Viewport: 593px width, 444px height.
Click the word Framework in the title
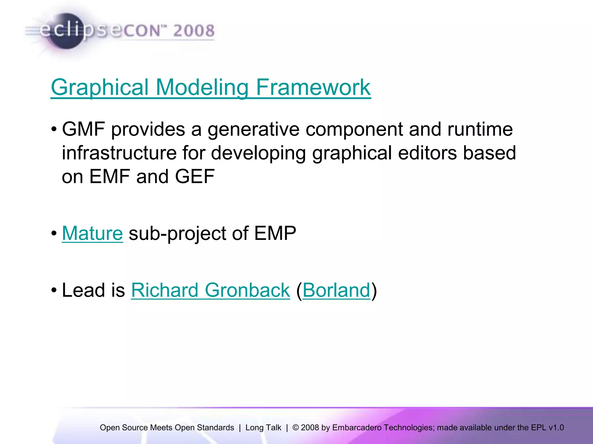[x=313, y=87]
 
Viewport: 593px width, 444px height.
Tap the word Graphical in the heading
[x=100, y=87]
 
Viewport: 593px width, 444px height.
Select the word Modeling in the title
[x=202, y=87]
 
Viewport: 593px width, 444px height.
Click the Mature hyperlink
[x=92, y=233]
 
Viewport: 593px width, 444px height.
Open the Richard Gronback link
[x=211, y=290]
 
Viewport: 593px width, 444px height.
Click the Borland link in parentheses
[x=336, y=290]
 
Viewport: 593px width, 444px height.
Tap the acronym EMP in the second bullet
[x=275, y=233]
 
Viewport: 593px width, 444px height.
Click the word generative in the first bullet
[x=253, y=129]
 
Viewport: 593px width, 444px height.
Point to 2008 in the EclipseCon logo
[x=194, y=31]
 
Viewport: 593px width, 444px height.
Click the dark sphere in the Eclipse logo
[x=66, y=31]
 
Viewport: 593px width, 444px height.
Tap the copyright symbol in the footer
[x=296, y=428]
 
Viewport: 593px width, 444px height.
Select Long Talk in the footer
[x=263, y=428]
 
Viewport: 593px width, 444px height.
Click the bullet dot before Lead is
[x=54, y=290]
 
